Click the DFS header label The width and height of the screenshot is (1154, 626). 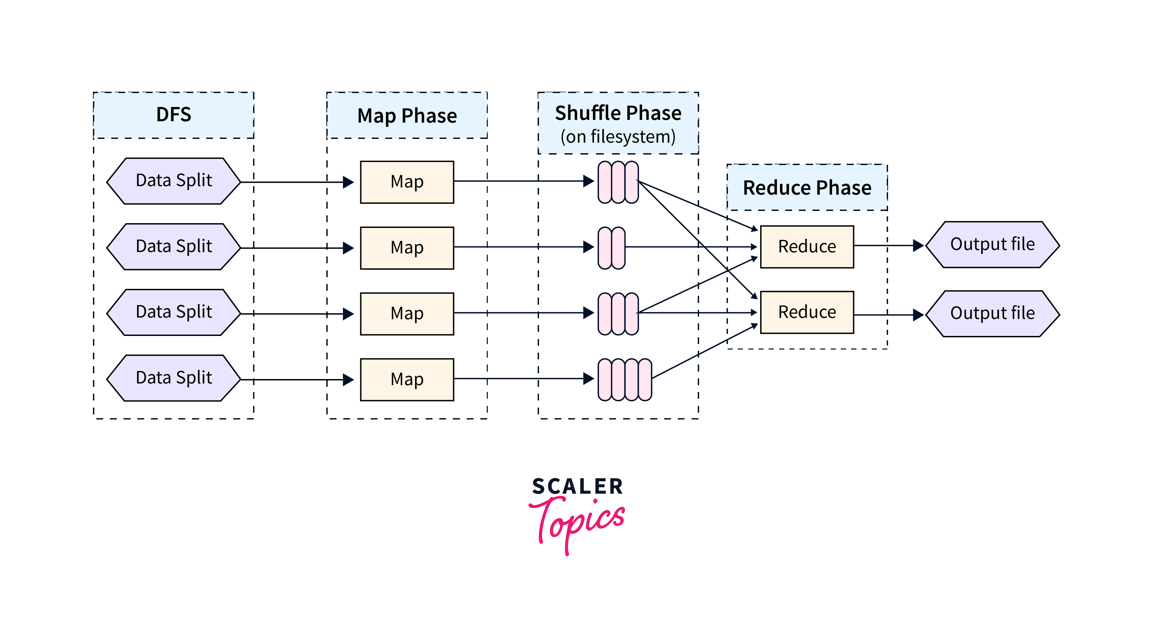[174, 115]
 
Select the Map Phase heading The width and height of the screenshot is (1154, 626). [407, 116]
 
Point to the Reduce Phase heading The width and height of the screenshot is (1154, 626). [807, 187]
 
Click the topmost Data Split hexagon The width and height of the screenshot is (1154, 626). [174, 181]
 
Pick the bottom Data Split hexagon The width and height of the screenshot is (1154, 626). [174, 378]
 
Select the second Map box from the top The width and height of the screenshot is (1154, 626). [407, 248]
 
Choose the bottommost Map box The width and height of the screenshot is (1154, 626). [407, 379]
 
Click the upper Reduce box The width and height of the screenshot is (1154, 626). [807, 247]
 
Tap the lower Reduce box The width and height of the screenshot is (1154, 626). [807, 312]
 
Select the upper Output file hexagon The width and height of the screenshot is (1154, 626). [992, 245]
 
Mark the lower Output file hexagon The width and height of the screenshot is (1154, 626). [992, 314]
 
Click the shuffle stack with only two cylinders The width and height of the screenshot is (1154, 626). [612, 248]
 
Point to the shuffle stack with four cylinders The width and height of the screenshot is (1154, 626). [624, 379]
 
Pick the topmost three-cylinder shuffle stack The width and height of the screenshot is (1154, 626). [618, 182]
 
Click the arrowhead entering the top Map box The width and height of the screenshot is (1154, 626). [348, 182]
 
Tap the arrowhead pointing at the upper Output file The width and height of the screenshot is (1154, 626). [918, 245]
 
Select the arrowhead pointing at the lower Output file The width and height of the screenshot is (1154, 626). [918, 315]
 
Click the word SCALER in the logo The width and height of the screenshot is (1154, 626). [577, 486]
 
